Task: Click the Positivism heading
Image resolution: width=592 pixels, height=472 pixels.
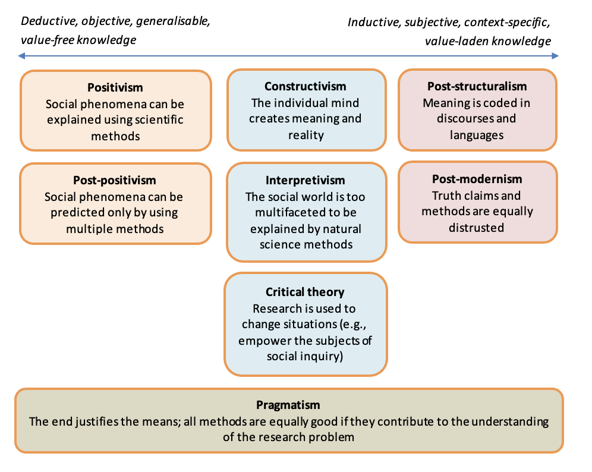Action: tap(115, 87)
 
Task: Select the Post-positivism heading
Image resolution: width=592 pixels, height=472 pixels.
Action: tap(115, 180)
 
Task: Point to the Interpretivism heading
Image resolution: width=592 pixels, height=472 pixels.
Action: tap(305, 180)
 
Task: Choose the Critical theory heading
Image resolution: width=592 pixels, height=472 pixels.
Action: tap(305, 292)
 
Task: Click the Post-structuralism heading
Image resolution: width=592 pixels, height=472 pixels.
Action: tap(477, 86)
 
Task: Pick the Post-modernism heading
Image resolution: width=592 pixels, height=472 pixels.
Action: tap(477, 179)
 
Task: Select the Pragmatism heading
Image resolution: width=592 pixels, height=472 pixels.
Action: tap(288, 405)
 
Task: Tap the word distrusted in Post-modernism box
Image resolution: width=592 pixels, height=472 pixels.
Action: tap(477, 227)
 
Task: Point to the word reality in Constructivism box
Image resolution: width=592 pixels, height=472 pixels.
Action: tap(305, 135)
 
